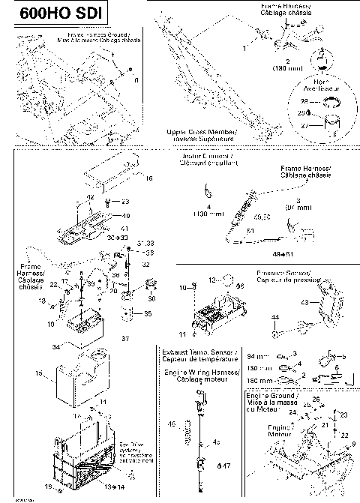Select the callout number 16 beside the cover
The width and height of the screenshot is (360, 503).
pyautogui.click(x=148, y=178)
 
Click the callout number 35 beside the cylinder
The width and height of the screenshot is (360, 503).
pyautogui.click(x=148, y=313)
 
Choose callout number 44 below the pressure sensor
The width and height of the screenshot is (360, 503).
pyautogui.click(x=275, y=319)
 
